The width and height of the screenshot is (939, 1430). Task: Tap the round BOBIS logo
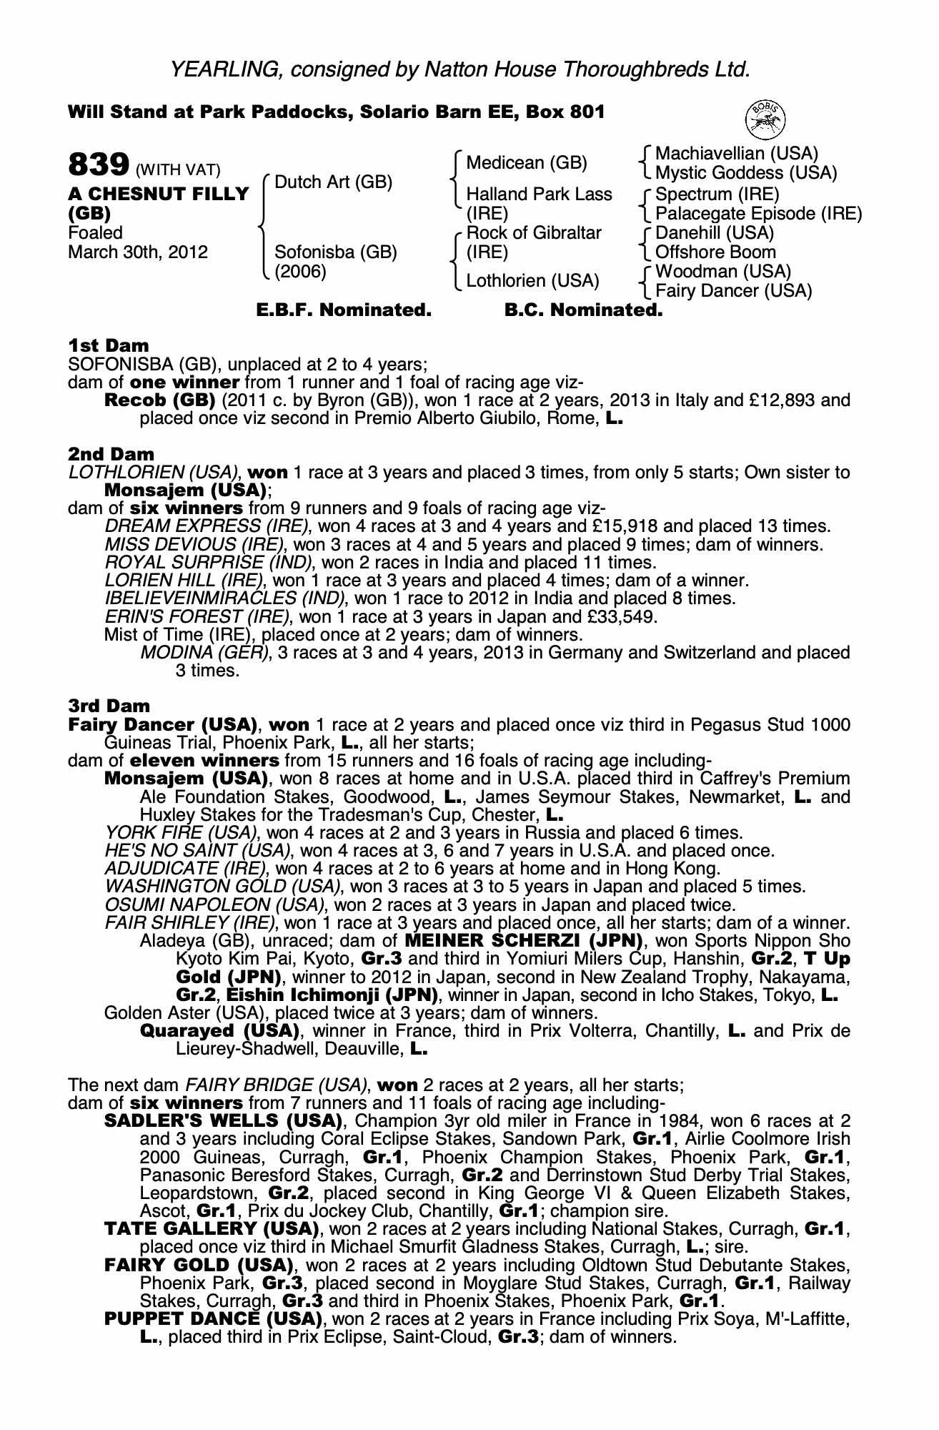[765, 119]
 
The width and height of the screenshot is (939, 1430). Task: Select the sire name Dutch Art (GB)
[333, 182]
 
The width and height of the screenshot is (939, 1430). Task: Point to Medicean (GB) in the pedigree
[526, 163]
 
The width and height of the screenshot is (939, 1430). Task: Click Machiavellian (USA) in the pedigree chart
[736, 153]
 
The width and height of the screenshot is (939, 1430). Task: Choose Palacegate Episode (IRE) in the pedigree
[758, 214]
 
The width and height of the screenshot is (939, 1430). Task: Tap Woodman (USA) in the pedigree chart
[722, 272]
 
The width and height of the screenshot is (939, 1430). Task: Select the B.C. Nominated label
[583, 310]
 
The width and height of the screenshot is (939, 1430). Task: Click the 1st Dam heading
[108, 346]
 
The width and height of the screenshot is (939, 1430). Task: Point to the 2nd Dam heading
[111, 454]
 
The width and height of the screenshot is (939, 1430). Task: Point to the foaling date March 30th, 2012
[138, 252]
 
